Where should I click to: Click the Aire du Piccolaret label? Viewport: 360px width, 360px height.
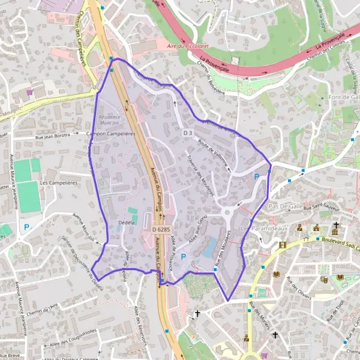(184, 46)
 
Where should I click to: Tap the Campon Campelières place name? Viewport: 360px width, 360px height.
(111, 134)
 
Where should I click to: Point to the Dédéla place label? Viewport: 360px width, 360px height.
(127, 222)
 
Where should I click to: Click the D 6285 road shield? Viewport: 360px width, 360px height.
(161, 229)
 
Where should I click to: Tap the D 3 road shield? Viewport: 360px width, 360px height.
(188, 133)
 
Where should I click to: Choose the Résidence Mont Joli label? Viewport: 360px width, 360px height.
(109, 119)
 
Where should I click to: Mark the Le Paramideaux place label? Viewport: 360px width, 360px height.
(264, 229)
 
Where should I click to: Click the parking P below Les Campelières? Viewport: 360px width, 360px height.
(26, 227)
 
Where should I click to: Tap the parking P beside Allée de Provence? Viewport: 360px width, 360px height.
(184, 257)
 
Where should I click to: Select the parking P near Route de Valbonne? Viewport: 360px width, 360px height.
(257, 177)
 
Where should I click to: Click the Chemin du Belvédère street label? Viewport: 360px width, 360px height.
(211, 80)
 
